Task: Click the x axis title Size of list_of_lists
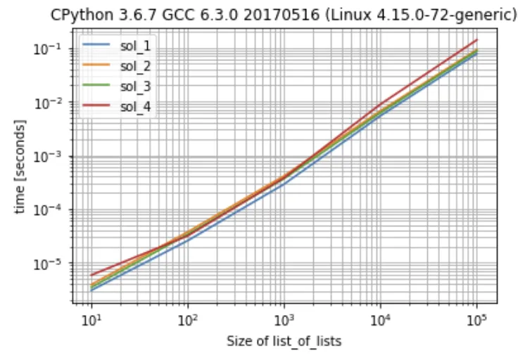tap(284, 342)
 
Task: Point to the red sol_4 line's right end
tap(477, 40)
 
